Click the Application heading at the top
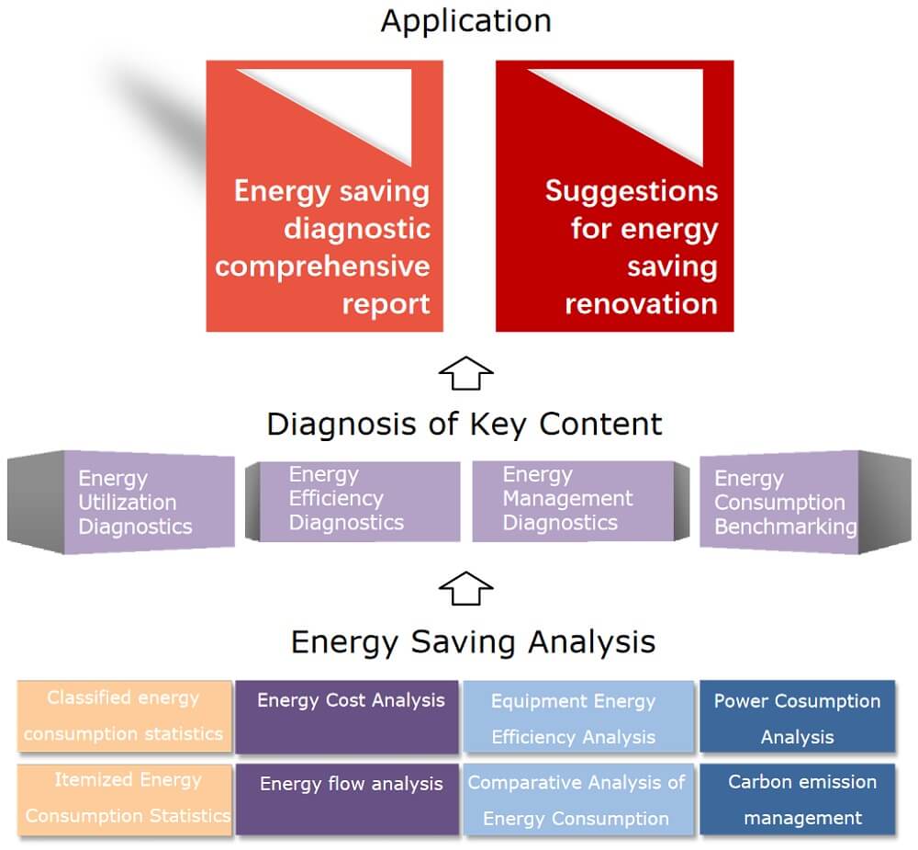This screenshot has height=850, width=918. coord(465,20)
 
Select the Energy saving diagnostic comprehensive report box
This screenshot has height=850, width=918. coord(325,196)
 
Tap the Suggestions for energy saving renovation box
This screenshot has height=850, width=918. coord(614,196)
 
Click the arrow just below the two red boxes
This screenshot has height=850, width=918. coord(466,373)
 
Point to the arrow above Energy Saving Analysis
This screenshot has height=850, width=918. coord(466,588)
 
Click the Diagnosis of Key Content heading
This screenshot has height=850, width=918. coord(464,424)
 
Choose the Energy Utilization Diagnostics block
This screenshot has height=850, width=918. coord(147,502)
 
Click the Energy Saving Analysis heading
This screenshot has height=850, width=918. coord(473,640)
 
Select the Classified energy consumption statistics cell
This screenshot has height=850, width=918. coord(124,716)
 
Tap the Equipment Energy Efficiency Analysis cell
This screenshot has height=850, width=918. coord(577,719)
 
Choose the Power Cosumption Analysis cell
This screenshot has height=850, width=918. coord(797,718)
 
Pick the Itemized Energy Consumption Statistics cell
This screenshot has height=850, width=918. coord(124,798)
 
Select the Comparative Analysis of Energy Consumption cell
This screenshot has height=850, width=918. coord(577,799)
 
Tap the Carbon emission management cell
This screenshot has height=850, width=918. coord(797,799)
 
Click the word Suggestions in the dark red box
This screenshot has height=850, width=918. coord(631,190)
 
